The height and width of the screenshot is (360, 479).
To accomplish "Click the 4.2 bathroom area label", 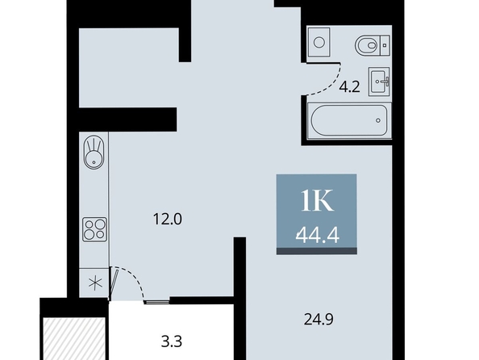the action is click(x=350, y=87).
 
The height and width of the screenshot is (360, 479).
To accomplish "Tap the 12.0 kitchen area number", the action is click(x=168, y=220).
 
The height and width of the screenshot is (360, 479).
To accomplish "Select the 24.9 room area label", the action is click(x=319, y=320).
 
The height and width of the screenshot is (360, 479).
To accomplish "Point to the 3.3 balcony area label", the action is click(x=172, y=341).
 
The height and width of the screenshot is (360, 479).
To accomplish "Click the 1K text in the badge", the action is click(x=317, y=201).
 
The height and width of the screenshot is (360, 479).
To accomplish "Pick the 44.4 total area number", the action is click(x=318, y=236).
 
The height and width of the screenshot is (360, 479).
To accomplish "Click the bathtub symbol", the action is click(x=349, y=120).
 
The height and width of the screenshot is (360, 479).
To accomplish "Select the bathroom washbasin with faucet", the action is click(x=379, y=82).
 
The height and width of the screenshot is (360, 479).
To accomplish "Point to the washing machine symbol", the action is click(x=319, y=42).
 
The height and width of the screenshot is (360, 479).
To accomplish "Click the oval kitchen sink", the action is click(x=94, y=153).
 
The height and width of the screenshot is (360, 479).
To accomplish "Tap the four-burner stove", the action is click(x=94, y=230).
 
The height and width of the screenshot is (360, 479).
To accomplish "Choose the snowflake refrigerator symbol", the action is click(x=95, y=283).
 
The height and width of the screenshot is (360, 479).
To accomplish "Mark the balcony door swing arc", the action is click(x=132, y=278).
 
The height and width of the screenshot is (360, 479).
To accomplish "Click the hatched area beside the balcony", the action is click(x=74, y=338).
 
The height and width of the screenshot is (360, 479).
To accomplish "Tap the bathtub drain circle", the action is click(x=378, y=120).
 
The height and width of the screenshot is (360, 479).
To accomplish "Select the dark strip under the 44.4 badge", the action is click(x=317, y=251).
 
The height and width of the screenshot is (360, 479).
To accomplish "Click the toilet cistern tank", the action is click(x=385, y=45).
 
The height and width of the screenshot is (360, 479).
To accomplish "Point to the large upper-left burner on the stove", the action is click(x=90, y=225).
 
